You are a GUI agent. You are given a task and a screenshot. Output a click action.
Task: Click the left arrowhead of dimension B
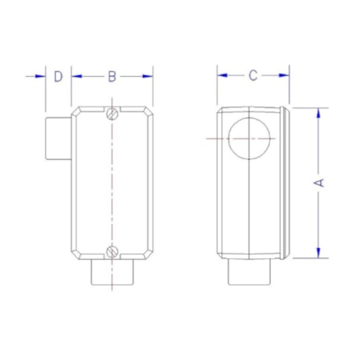(x=76, y=76)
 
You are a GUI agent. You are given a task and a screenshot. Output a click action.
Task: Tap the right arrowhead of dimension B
(x=148, y=76)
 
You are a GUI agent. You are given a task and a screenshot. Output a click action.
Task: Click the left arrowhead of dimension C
(x=221, y=76)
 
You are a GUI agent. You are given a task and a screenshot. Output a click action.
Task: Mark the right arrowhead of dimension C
(x=286, y=76)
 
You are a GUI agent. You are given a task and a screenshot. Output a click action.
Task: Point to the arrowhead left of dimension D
(x=41, y=76)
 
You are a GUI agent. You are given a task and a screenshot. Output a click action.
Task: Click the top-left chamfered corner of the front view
(x=76, y=110)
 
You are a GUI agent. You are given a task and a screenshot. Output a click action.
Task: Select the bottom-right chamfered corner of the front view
(x=148, y=256)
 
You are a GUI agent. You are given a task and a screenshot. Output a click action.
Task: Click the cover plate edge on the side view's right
(x=290, y=182)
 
